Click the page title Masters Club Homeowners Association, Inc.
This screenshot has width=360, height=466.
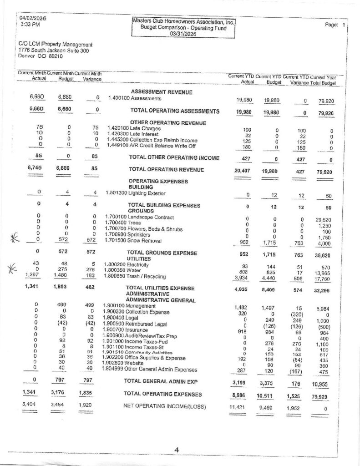tap(184, 21)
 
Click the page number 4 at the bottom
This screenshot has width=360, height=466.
tap(177, 450)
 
